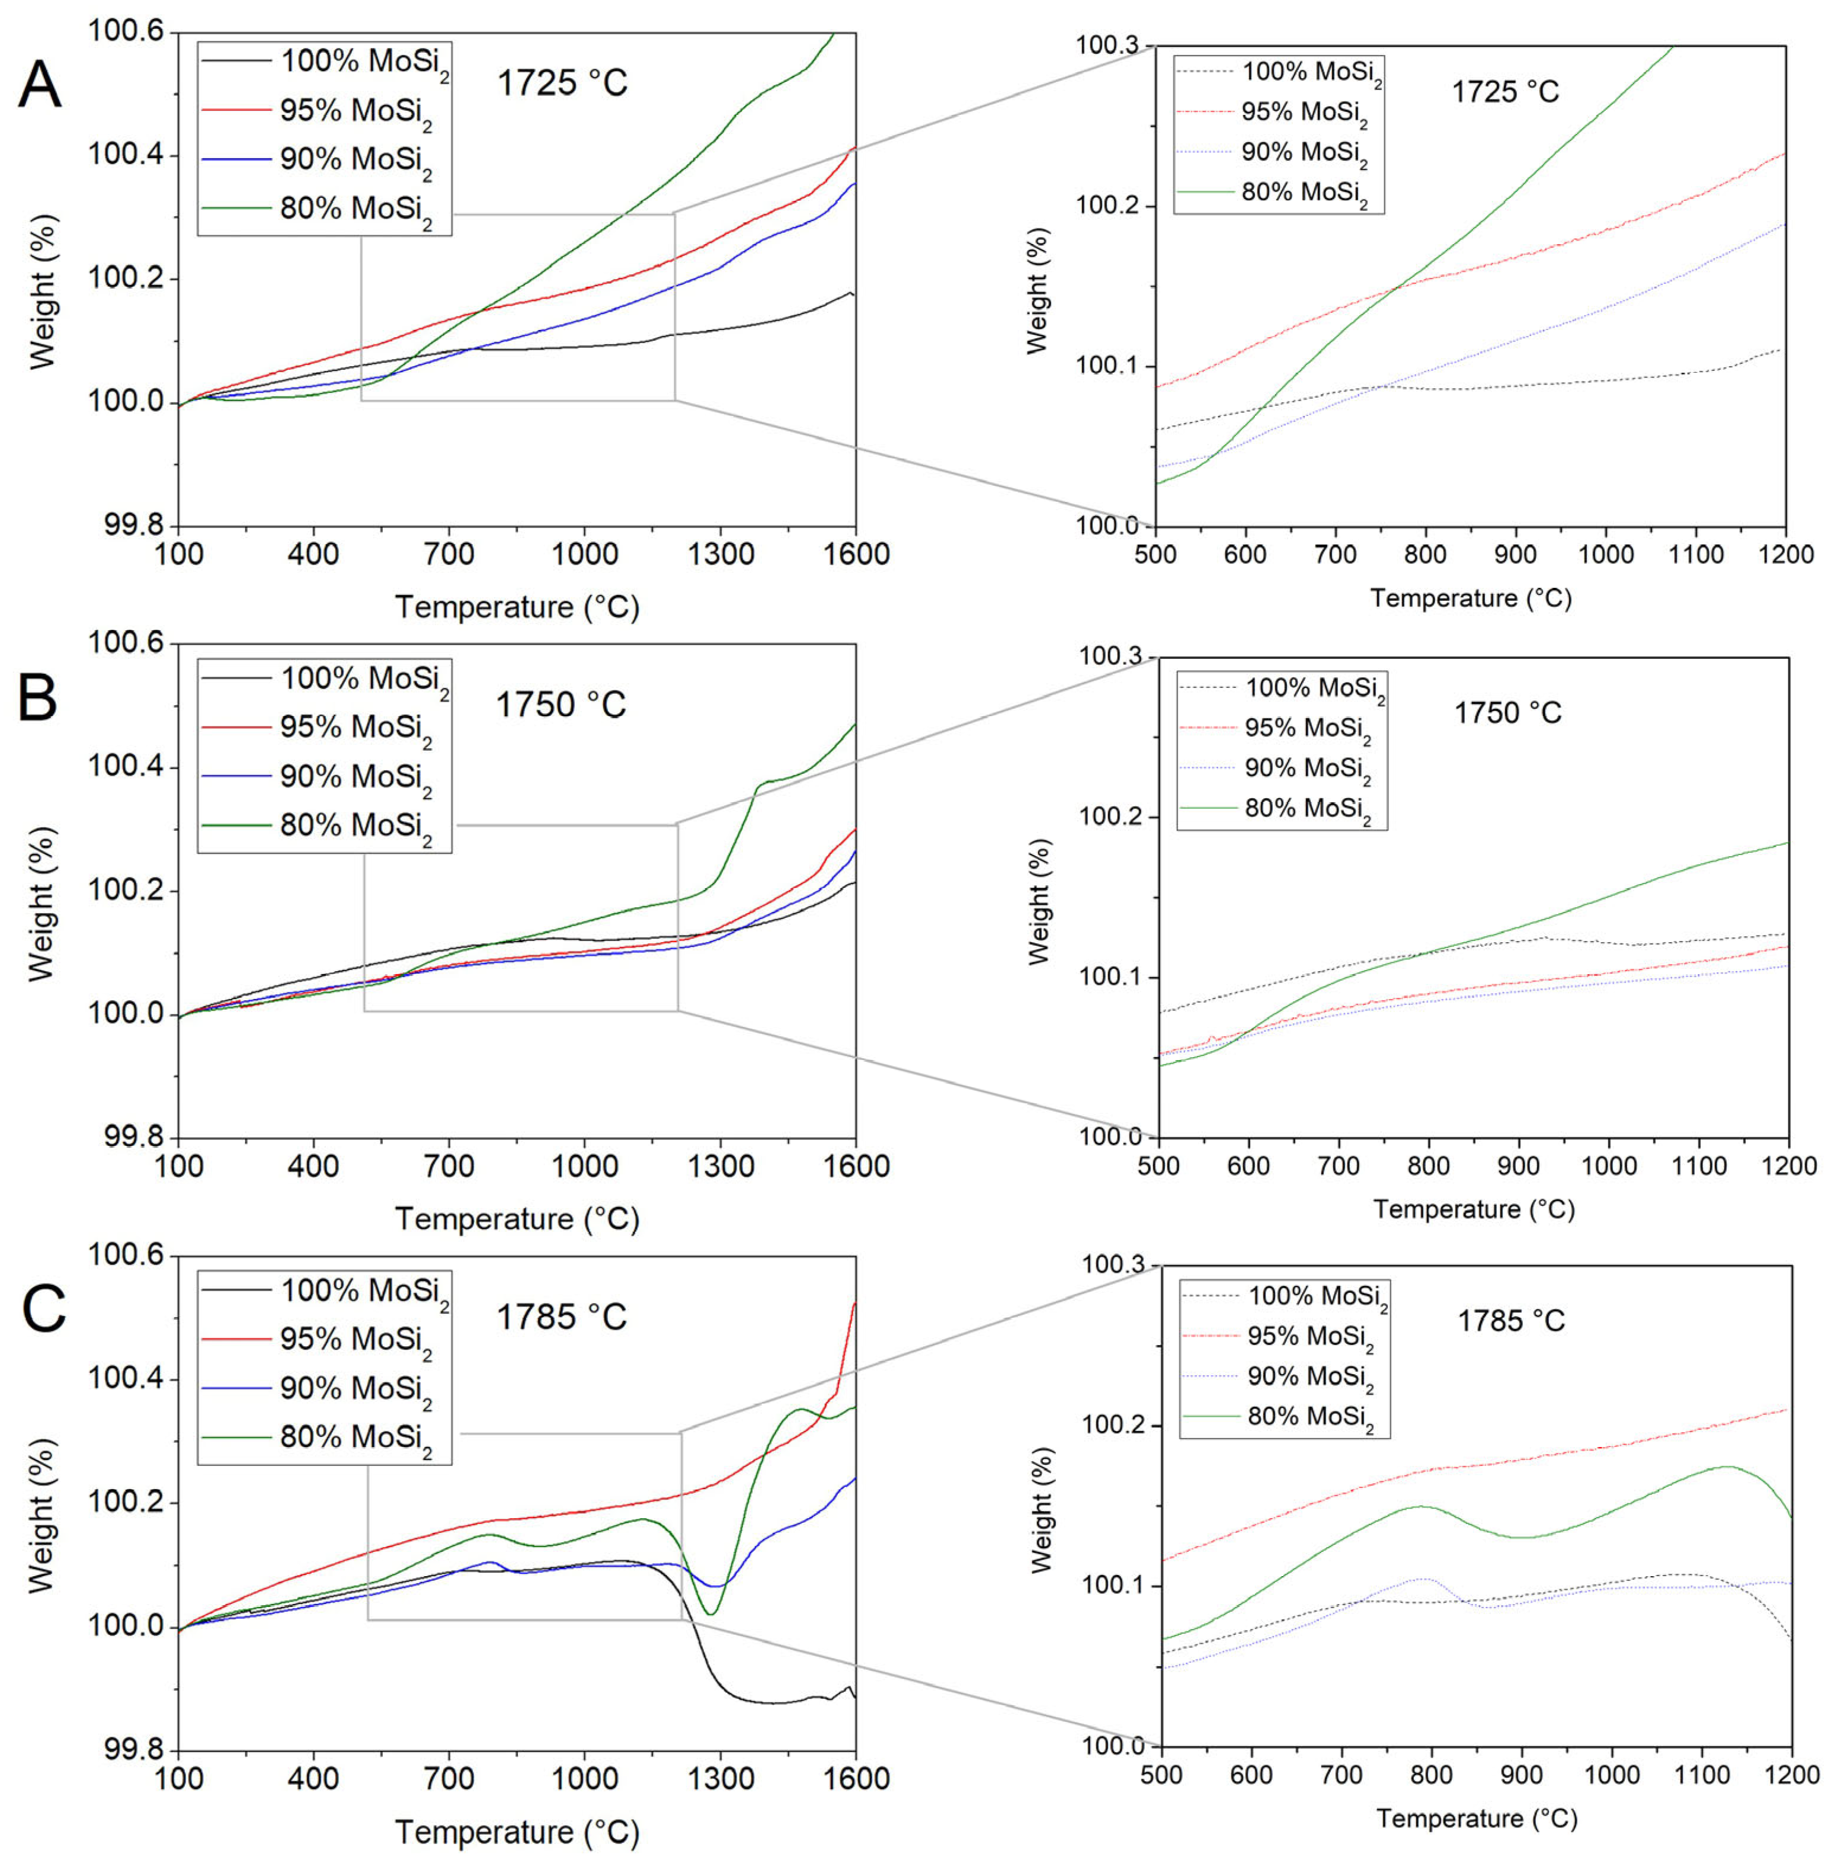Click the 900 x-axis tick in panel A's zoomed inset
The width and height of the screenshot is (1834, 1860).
pos(1515,555)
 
